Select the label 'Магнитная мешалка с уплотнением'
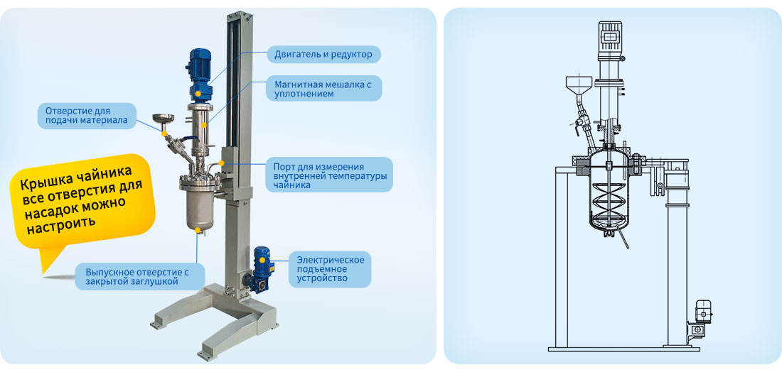[x=323, y=89]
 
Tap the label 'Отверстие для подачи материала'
[x=87, y=116]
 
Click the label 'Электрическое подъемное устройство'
[x=330, y=269]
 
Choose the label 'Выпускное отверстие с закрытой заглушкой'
[x=139, y=276]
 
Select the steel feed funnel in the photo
[x=163, y=121]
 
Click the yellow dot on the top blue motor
[x=198, y=92]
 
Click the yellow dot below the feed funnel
[x=163, y=133]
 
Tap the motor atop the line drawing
[x=610, y=38]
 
